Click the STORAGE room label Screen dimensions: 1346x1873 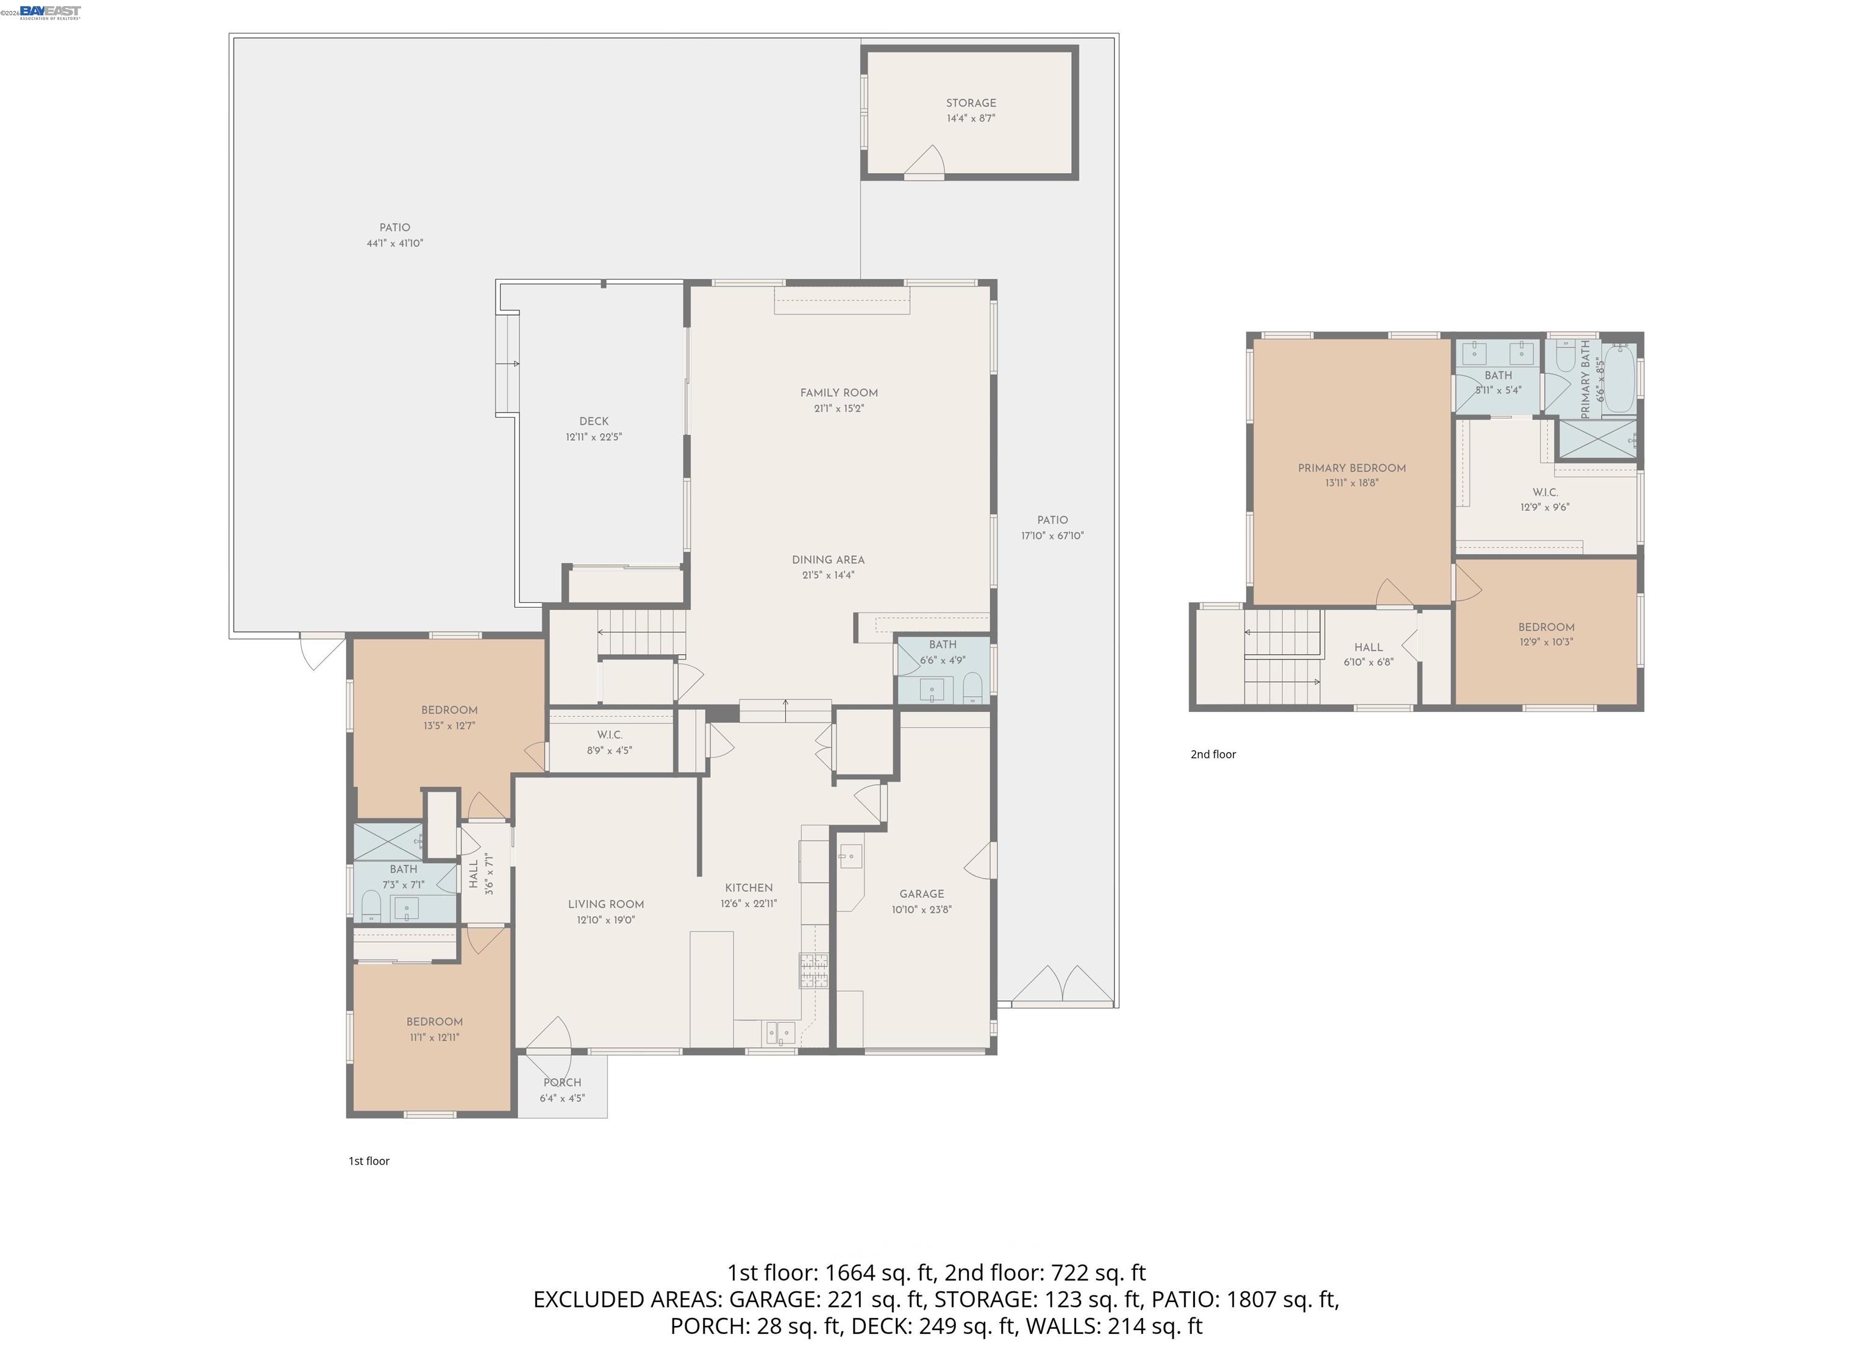pyautogui.click(x=971, y=103)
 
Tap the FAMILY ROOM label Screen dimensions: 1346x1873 pyautogui.click(x=838, y=393)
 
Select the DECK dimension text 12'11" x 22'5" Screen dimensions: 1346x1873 pyautogui.click(x=593, y=437)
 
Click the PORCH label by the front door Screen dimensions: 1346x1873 pyautogui.click(x=562, y=1082)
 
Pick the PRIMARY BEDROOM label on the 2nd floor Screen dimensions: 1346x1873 pyautogui.click(x=1351, y=468)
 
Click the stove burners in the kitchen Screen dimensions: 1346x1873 pyautogui.click(x=813, y=970)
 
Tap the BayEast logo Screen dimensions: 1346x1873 pyautogui.click(x=49, y=11)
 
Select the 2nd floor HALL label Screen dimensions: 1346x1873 pyautogui.click(x=1368, y=647)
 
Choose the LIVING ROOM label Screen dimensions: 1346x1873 pyautogui.click(x=605, y=904)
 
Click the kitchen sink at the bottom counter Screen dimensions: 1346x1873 pyautogui.click(x=780, y=1031)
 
